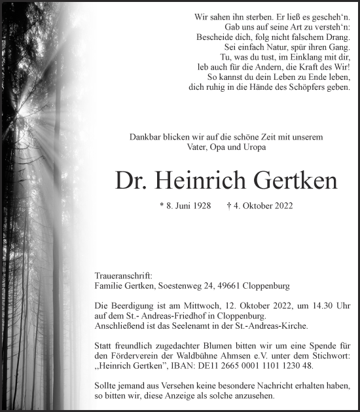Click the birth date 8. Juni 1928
(x=189, y=206)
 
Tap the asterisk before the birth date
(x=162, y=205)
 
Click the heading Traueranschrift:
(x=124, y=276)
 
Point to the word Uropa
(x=253, y=147)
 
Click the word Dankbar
(x=145, y=137)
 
